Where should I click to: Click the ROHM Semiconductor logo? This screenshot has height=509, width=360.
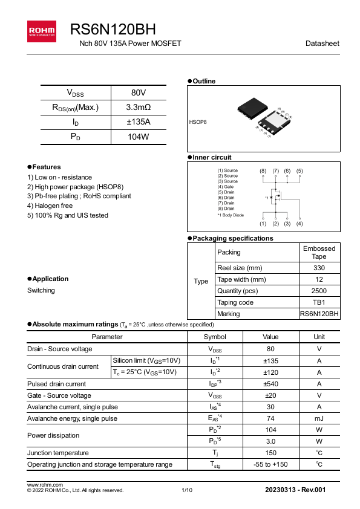click(x=41, y=31)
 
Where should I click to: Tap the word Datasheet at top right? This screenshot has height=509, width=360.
click(x=322, y=44)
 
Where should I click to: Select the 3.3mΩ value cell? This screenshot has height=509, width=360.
click(x=138, y=108)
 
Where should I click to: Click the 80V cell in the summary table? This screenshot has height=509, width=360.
click(x=138, y=92)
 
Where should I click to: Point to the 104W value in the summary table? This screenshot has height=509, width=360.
click(x=138, y=137)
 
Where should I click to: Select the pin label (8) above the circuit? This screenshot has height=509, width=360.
click(x=263, y=171)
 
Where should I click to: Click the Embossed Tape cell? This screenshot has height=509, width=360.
click(x=319, y=252)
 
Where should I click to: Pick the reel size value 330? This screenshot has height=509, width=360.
click(x=319, y=268)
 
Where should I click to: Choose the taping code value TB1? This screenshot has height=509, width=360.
click(x=319, y=302)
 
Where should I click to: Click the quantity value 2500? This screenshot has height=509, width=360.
click(x=319, y=291)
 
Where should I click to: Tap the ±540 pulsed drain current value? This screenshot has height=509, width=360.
click(x=270, y=384)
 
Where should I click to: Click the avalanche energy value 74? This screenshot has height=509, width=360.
click(x=270, y=418)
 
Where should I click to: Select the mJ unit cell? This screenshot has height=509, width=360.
click(x=319, y=418)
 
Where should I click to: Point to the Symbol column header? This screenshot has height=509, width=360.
click(x=215, y=337)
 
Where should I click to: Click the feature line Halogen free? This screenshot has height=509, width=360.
click(x=50, y=206)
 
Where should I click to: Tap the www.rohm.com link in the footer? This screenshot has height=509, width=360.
click(x=45, y=485)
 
